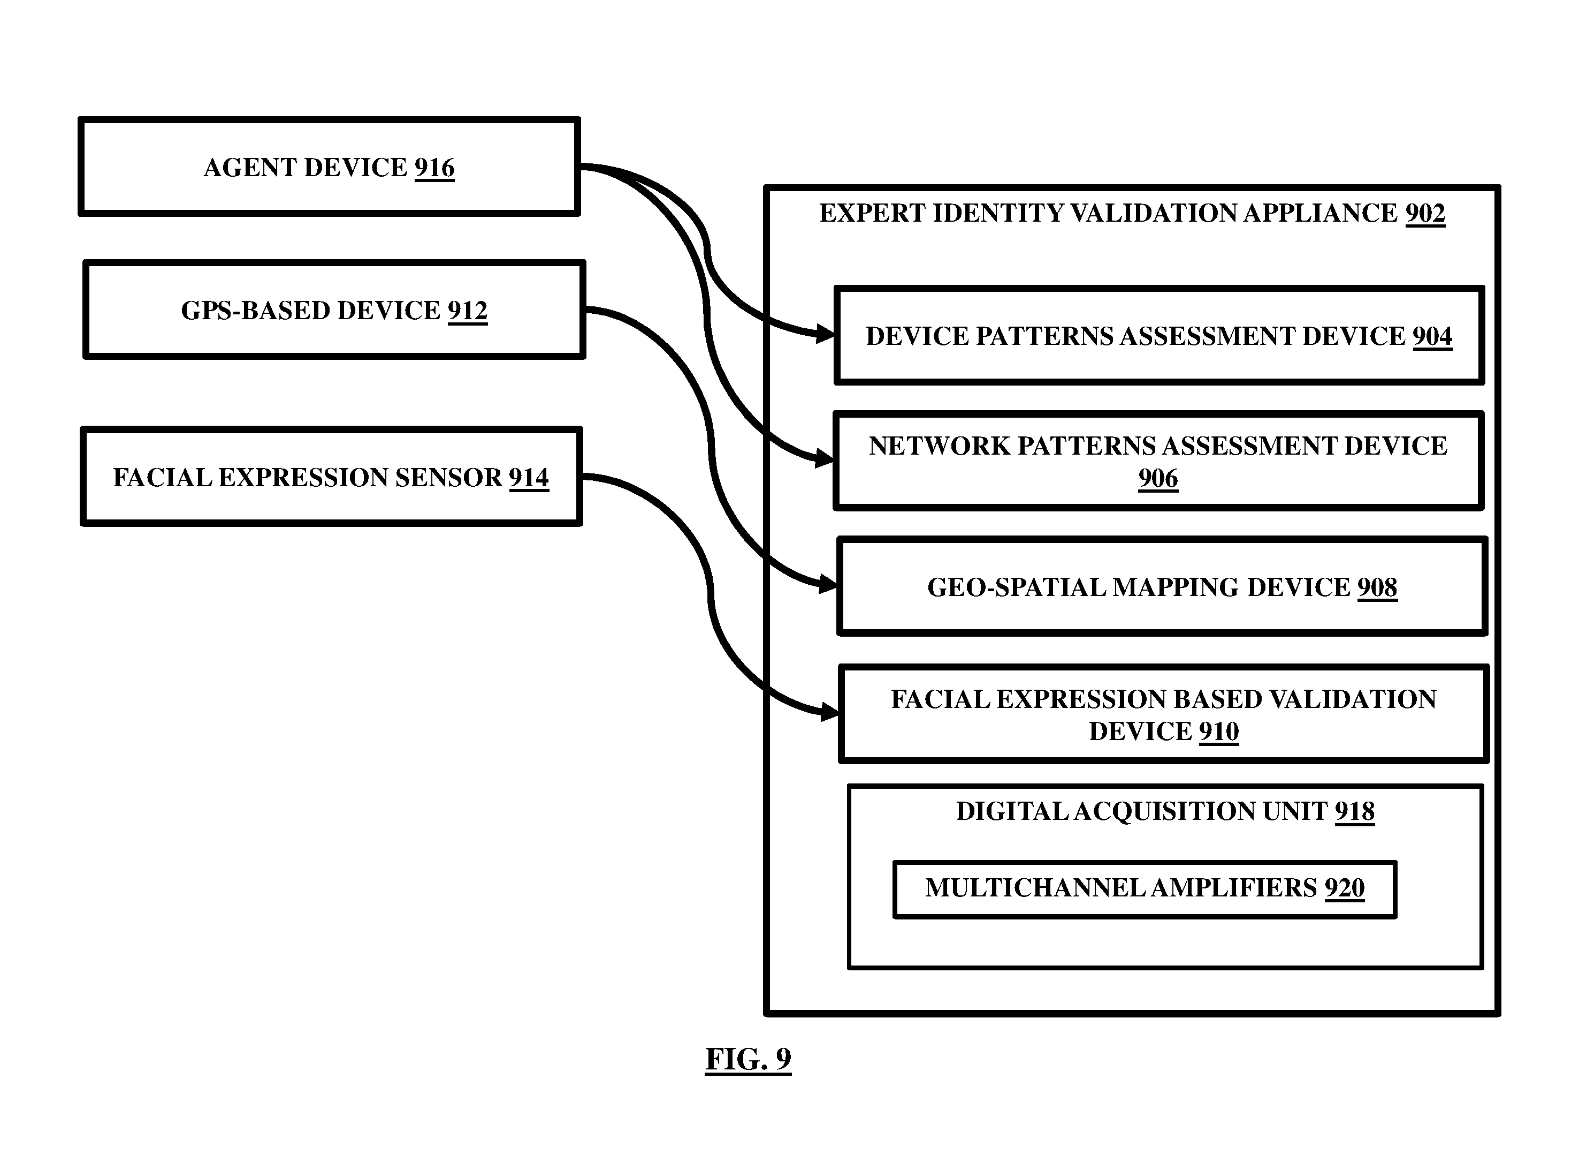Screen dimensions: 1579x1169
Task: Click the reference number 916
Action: pos(434,168)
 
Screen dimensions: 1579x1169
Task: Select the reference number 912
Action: pos(468,311)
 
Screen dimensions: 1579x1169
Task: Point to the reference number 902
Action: pos(1425,214)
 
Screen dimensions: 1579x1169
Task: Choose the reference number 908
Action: pos(1377,588)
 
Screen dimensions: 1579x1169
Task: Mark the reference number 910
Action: pos(1219,731)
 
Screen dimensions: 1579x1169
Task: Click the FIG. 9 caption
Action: pos(748,1059)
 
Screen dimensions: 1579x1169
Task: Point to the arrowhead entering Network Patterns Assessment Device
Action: pos(825,458)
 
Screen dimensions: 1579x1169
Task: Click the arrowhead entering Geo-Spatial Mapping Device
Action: pos(829,585)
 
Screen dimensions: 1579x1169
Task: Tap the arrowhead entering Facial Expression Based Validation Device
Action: pos(830,712)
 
